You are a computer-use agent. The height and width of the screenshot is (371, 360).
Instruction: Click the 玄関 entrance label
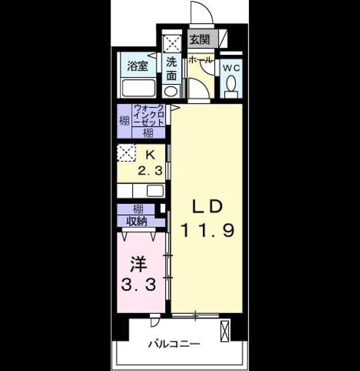point(200,39)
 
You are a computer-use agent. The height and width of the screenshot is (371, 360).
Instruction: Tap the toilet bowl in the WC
point(231,84)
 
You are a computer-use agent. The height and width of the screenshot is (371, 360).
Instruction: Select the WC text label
point(232,68)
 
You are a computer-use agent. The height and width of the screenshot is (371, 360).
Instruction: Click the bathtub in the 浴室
point(138,88)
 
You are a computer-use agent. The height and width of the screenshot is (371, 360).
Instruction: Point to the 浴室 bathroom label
point(138,66)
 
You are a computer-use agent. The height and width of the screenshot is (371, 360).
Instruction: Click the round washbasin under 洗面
point(171,91)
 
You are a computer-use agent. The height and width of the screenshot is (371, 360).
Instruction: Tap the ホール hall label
point(200,60)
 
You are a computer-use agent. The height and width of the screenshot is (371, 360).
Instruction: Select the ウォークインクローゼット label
point(149,115)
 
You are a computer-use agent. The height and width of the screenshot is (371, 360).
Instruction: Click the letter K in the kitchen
point(151,155)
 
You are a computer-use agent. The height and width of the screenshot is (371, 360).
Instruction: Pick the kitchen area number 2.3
point(151,171)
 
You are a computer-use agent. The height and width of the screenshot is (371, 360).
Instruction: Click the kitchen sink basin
point(155,191)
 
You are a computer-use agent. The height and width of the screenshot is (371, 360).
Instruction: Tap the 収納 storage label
point(137,221)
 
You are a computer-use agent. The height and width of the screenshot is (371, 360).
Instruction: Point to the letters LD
point(207,206)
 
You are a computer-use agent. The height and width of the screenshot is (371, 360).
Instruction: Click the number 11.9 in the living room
point(208,230)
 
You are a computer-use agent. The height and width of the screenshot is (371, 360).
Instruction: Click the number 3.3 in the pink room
point(138,284)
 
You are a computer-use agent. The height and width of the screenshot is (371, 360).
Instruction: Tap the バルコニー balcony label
point(174,344)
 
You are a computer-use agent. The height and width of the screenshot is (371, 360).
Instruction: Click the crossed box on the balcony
point(225,331)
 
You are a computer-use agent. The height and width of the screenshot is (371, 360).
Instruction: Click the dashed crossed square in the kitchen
point(126,153)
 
